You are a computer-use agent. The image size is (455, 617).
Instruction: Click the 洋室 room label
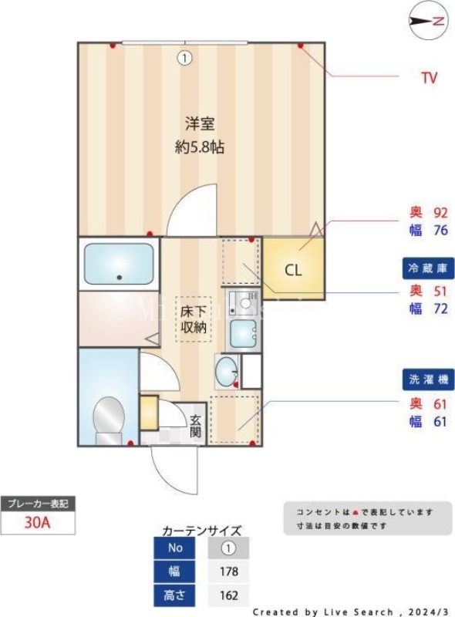[x=199, y=123]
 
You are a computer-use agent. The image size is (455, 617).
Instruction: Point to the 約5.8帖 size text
[x=199, y=147]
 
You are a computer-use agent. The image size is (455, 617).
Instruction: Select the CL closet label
[x=293, y=271]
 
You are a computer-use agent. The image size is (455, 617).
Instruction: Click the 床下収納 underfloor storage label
[x=194, y=319]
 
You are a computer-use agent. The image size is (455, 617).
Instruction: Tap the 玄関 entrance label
[x=195, y=427]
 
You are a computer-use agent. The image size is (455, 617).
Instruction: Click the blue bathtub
[x=119, y=263]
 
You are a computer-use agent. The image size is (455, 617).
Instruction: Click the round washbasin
[x=227, y=373]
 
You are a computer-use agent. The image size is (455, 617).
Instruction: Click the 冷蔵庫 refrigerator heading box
[x=428, y=268]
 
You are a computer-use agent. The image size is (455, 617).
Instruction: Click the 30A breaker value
[x=38, y=523]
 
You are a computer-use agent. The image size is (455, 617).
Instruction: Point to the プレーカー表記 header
[x=38, y=504]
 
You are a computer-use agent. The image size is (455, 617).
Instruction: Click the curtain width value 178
[x=228, y=572]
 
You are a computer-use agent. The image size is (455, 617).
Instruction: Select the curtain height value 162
[x=228, y=596]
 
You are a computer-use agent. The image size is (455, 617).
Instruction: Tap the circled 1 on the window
[x=184, y=56]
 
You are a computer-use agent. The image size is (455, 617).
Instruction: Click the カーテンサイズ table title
[x=202, y=531]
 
